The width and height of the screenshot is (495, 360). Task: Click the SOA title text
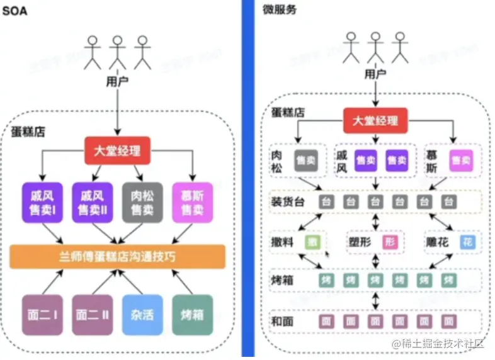pos(13,11)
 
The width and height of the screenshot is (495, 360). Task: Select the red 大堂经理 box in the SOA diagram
pos(118,152)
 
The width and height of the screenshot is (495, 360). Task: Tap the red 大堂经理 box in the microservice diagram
pos(375,121)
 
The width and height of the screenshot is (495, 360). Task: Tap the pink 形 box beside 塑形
pos(390,242)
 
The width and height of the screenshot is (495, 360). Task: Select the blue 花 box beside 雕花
pos(467,242)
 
